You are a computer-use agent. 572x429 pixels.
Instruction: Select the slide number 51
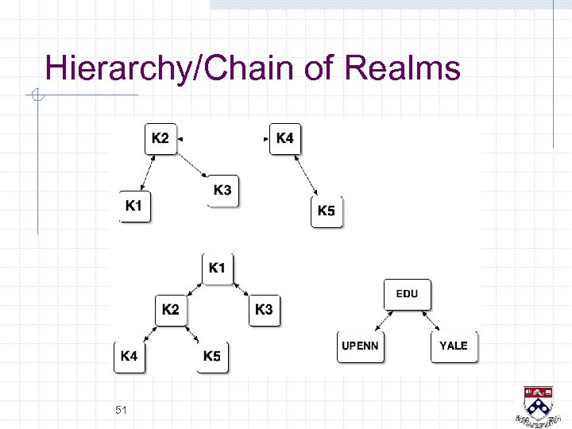pyautogui.click(x=122, y=410)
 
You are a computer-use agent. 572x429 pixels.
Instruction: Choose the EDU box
pyautogui.click(x=407, y=294)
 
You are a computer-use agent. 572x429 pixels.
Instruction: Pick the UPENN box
pyautogui.click(x=360, y=346)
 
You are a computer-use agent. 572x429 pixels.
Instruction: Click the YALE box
pyautogui.click(x=454, y=346)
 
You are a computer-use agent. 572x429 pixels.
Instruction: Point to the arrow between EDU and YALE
pyautogui.click(x=430, y=321)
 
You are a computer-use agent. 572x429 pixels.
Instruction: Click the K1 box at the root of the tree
pyautogui.click(x=217, y=269)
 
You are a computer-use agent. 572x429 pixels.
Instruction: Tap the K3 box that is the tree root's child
pyautogui.click(x=264, y=309)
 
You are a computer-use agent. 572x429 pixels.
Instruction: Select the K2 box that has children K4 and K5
pyautogui.click(x=171, y=309)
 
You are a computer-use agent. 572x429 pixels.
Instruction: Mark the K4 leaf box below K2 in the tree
pyautogui.click(x=129, y=357)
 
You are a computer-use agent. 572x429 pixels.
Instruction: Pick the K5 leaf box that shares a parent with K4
pyautogui.click(x=211, y=357)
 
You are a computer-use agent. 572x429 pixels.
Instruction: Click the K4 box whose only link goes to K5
pyautogui.click(x=284, y=139)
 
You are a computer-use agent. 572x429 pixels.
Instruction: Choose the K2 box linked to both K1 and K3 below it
pyautogui.click(x=160, y=138)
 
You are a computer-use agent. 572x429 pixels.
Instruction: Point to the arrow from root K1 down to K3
pyautogui.click(x=241, y=289)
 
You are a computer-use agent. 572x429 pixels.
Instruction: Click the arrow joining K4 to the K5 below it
pyautogui.click(x=306, y=176)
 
